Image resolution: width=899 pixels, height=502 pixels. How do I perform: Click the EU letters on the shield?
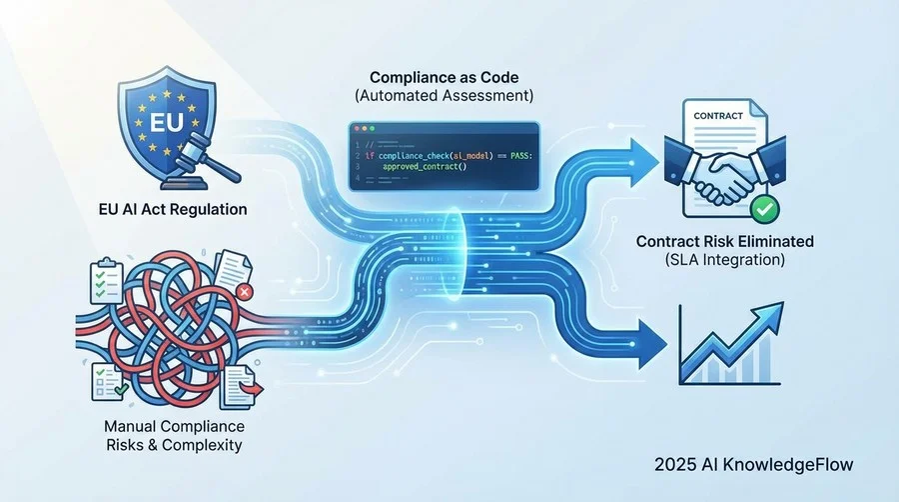click(166, 122)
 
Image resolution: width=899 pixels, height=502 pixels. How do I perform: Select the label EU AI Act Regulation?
click(173, 209)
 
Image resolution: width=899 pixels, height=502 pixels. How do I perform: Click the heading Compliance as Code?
click(444, 77)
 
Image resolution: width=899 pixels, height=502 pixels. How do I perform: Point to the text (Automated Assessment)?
click(444, 95)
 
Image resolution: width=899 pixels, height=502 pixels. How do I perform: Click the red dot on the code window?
click(357, 129)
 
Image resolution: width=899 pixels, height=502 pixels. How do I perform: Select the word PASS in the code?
click(520, 155)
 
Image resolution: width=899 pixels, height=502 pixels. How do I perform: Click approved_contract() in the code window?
click(425, 167)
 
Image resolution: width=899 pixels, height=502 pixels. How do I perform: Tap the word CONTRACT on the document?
click(718, 116)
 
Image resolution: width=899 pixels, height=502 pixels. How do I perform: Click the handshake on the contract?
click(725, 170)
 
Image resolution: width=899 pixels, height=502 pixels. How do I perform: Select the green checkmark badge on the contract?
click(765, 209)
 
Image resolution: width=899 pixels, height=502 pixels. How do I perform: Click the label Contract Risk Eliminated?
click(725, 242)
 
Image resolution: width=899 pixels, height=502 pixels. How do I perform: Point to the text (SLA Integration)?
click(725, 260)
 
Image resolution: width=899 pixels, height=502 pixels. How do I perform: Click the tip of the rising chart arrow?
click(782, 304)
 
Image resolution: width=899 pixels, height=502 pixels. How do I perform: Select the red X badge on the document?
click(245, 292)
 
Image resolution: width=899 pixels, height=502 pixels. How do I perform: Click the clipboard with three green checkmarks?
click(107, 281)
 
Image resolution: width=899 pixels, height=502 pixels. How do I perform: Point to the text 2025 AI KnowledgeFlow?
click(753, 464)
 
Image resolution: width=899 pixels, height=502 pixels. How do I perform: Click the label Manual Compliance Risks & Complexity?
click(174, 435)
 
